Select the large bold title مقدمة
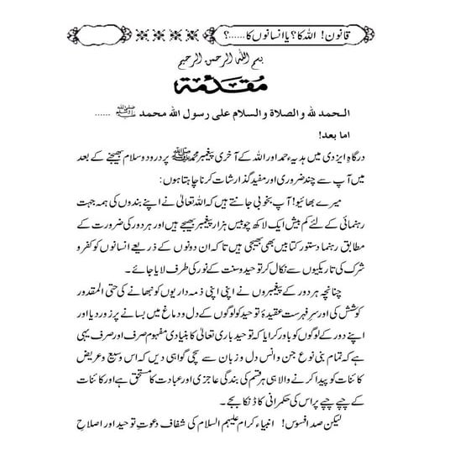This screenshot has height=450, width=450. click(x=225, y=88)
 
